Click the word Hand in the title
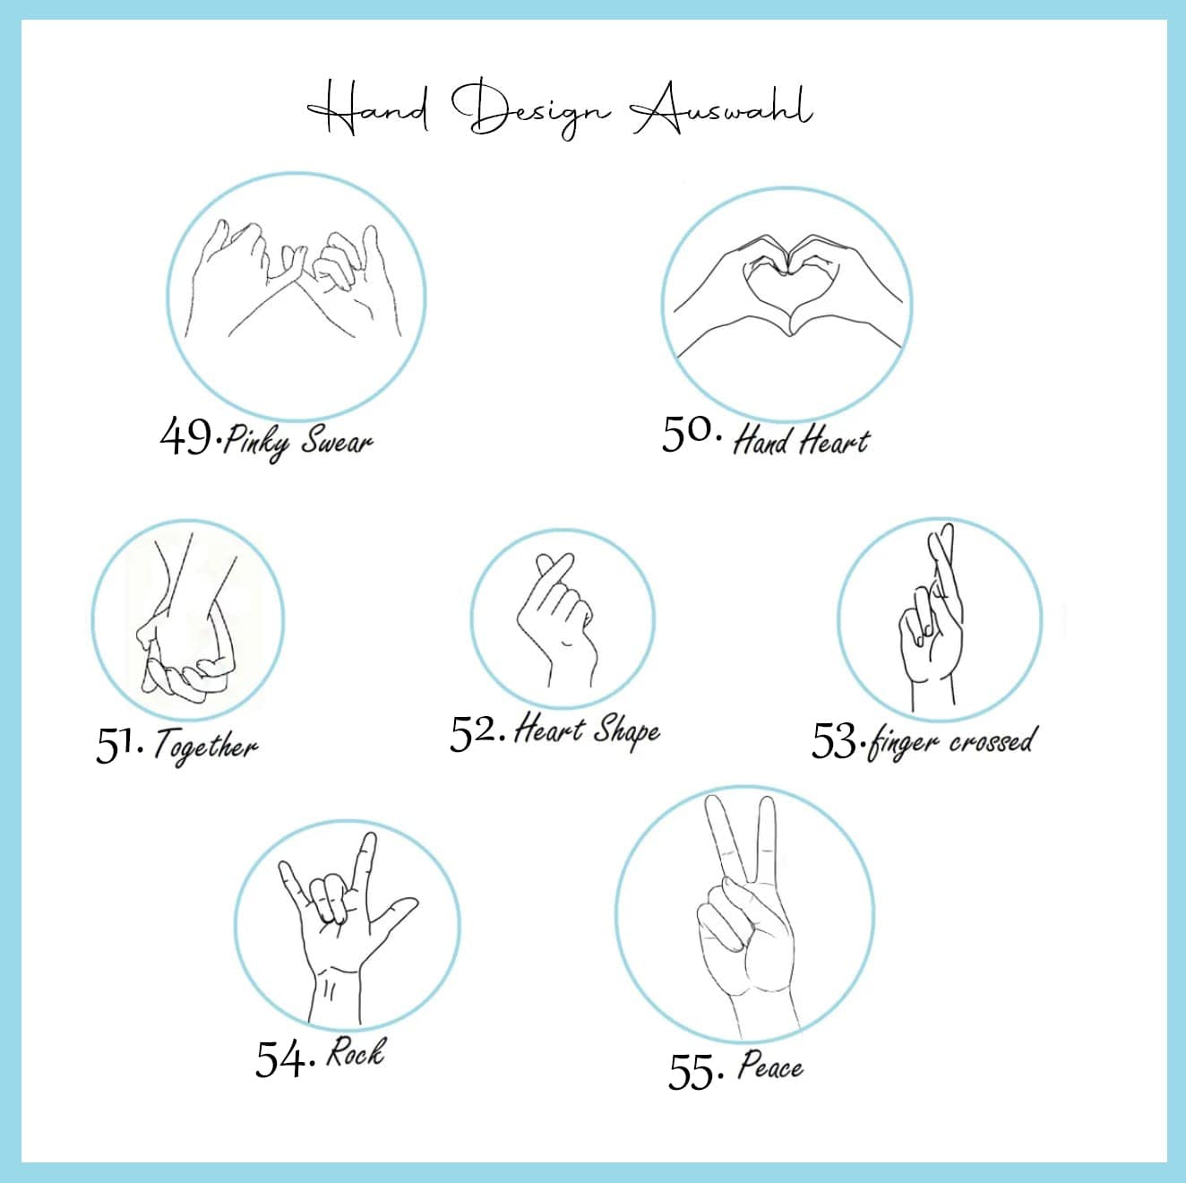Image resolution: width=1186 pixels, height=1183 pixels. (368, 109)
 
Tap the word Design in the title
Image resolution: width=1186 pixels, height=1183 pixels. (530, 109)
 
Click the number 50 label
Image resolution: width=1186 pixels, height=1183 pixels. (688, 434)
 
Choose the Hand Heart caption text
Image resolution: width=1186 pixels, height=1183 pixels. (802, 441)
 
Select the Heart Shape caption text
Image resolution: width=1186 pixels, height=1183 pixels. (587, 731)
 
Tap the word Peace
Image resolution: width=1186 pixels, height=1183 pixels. (770, 1066)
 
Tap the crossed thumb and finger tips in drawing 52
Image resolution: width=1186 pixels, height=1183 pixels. (554, 566)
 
